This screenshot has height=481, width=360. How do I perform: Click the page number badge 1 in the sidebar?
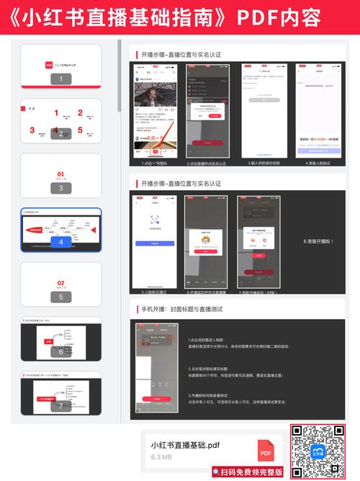(x=60, y=79)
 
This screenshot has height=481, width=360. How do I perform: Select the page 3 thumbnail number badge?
(x=60, y=188)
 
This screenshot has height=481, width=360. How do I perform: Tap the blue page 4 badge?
(x=60, y=242)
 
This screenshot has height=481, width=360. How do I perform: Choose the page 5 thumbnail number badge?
(x=60, y=297)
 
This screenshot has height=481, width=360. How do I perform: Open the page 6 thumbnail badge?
(x=60, y=351)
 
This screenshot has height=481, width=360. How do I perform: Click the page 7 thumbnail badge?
(x=60, y=405)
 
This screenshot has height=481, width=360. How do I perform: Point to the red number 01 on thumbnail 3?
(x=60, y=174)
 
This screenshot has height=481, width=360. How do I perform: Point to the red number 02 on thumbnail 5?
(x=60, y=283)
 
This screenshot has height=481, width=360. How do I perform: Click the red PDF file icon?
(x=266, y=451)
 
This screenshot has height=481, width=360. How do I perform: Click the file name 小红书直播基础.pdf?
(x=185, y=445)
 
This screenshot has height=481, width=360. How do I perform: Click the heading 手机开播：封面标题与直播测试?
(x=190, y=309)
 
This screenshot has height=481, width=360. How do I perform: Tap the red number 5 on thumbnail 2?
(x=81, y=131)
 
